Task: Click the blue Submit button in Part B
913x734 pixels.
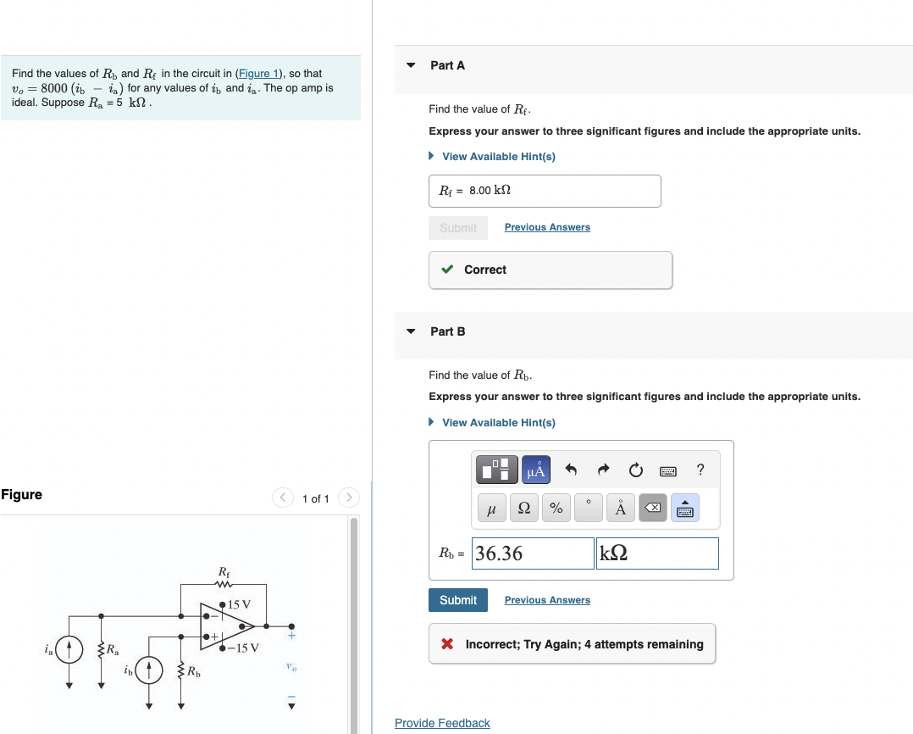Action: click(x=457, y=600)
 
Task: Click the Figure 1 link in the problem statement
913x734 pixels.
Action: click(x=260, y=74)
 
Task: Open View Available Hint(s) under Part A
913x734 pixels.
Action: click(x=498, y=157)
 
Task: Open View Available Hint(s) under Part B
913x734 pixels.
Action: click(x=498, y=422)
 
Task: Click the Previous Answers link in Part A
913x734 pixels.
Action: click(x=547, y=227)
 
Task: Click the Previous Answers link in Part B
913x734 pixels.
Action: click(x=547, y=600)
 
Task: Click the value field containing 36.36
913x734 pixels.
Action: click(x=533, y=553)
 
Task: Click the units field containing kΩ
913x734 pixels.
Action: click(x=657, y=553)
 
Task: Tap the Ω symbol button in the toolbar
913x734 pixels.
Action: click(x=523, y=509)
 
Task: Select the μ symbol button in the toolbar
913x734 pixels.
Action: click(x=491, y=509)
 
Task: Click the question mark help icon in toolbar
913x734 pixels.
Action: click(x=700, y=470)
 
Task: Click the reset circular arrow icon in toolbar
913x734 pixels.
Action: click(x=636, y=470)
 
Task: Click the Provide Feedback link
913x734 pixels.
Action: click(x=442, y=723)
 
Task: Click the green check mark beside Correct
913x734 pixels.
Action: click(x=448, y=270)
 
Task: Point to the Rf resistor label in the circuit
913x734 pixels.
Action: click(x=224, y=571)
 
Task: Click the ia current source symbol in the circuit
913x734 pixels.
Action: click(x=69, y=650)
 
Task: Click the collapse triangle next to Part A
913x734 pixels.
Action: click(x=411, y=65)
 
